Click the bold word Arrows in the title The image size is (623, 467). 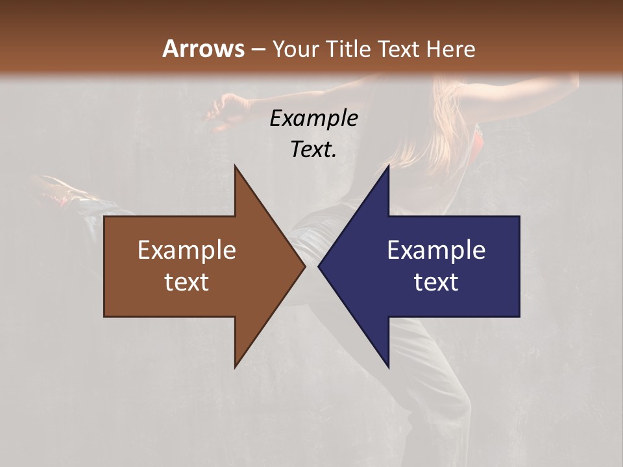pyautogui.click(x=203, y=49)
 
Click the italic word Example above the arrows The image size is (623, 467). pyautogui.click(x=314, y=119)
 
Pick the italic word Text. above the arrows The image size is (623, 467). pyautogui.click(x=314, y=150)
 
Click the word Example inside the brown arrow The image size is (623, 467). pyautogui.click(x=187, y=250)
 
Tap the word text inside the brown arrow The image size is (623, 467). pyautogui.click(x=187, y=282)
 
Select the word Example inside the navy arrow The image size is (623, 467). pyautogui.click(x=436, y=250)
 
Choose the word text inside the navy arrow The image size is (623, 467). pyautogui.click(x=436, y=282)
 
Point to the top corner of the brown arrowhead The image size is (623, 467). pyautogui.click(x=236, y=167)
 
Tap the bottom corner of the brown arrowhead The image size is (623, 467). pyautogui.click(x=236, y=366)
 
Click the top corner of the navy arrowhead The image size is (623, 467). pyautogui.click(x=388, y=167)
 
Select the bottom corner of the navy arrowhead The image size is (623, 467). pyautogui.click(x=388, y=366)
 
